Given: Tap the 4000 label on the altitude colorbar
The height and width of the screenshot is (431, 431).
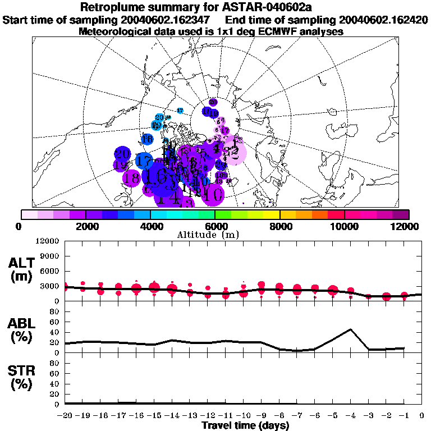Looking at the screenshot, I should pos(151,226).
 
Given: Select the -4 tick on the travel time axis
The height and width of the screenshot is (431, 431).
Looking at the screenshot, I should pos(351,416).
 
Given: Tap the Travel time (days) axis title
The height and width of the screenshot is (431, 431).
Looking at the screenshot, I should pos(245,426).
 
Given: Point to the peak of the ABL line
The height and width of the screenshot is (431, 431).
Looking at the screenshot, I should pos(351,329).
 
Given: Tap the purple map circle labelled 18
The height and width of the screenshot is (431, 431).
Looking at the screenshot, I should pos(132,179).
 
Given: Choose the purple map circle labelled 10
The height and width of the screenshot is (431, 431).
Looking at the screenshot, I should pos(213,195).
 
